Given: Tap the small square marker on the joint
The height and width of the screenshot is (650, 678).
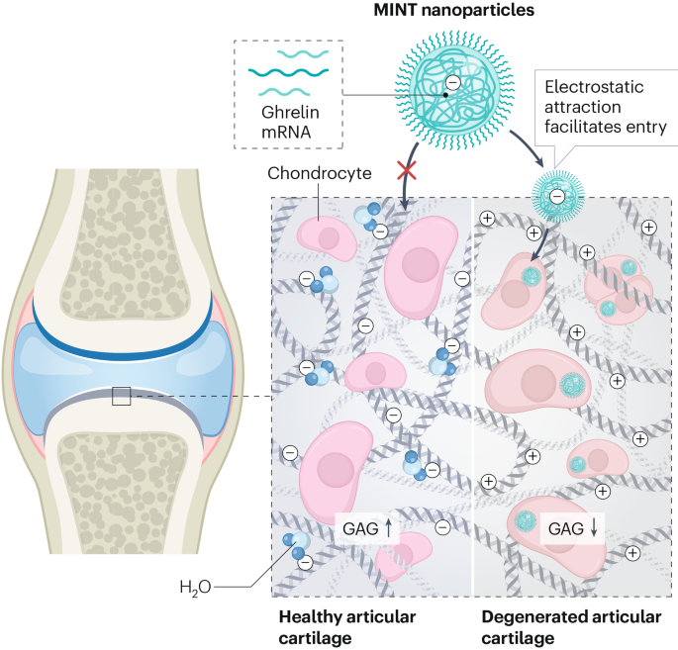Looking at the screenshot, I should click(x=121, y=397).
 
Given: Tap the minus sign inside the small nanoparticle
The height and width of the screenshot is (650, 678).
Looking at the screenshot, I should click(x=557, y=197).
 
